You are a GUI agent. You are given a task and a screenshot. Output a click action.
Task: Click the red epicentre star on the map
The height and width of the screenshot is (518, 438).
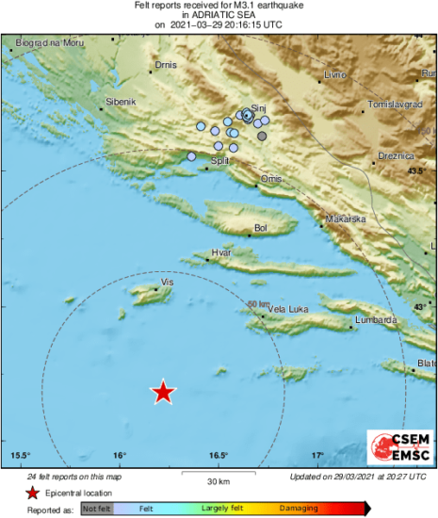point(164,392)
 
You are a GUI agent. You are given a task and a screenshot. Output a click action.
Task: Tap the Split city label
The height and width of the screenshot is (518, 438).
point(219,161)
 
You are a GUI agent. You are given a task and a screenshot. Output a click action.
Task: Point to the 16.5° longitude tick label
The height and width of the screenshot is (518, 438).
point(219,456)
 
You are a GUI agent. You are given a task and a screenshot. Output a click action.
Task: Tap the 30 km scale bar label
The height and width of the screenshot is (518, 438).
point(219,481)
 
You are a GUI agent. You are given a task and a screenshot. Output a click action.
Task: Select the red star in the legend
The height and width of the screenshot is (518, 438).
point(33,493)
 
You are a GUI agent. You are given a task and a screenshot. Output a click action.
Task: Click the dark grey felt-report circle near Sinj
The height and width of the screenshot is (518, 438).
point(262,137)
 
